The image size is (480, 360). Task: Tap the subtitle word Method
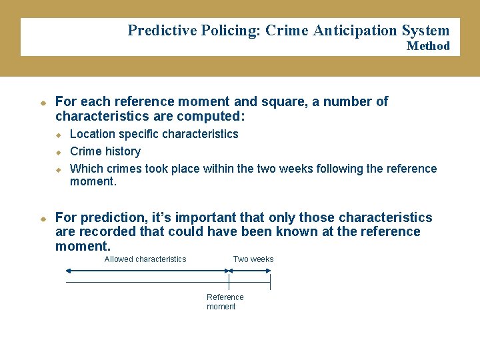click(x=428, y=46)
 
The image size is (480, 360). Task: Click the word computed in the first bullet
click(x=216, y=117)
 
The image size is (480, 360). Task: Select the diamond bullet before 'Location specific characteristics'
click(x=58, y=135)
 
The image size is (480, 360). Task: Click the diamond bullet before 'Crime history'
click(x=58, y=152)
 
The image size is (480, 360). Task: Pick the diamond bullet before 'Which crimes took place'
click(x=58, y=169)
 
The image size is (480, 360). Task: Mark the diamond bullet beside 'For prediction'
click(x=41, y=219)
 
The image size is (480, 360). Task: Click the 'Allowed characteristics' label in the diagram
click(x=145, y=259)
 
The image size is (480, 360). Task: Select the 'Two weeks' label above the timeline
click(x=253, y=259)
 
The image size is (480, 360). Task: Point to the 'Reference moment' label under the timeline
click(x=225, y=302)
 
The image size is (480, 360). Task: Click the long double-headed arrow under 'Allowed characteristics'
click(x=147, y=271)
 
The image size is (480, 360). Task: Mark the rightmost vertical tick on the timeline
click(x=270, y=283)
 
